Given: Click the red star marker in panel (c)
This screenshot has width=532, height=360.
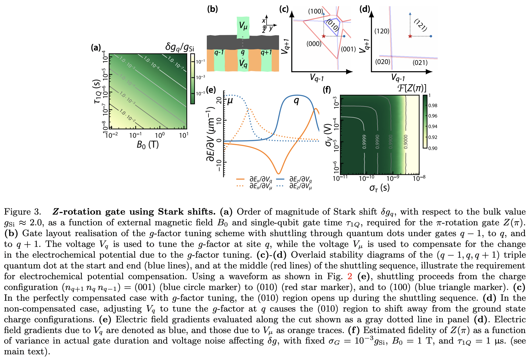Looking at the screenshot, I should click(324, 36).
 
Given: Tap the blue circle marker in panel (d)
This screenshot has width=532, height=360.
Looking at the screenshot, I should click(431, 36).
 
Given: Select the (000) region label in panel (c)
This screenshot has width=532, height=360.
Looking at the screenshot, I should click(314, 44).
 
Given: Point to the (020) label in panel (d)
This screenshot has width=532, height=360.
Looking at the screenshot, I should click(382, 62).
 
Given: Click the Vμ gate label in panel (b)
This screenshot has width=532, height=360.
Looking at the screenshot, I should click(243, 26).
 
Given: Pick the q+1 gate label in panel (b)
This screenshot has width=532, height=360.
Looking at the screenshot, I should click(266, 52).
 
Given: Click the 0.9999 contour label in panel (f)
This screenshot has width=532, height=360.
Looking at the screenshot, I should click(364, 142).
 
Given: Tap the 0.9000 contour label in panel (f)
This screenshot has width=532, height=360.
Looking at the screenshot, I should click(406, 142).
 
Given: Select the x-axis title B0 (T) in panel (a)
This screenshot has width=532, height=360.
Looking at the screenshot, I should click(148, 145).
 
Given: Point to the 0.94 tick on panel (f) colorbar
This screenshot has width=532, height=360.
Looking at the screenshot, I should click(433, 126).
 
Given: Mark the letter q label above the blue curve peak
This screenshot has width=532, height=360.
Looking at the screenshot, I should click(296, 101).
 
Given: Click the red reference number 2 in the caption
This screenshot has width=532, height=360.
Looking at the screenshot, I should click(350, 276).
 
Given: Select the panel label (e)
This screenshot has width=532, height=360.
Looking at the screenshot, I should click(211, 90).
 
